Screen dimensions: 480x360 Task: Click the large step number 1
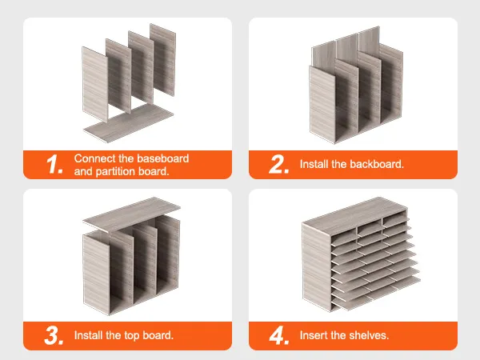pos(54,164)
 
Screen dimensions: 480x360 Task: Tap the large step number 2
pos(279,164)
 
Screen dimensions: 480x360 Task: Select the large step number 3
pos(54,335)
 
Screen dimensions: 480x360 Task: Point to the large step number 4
pos(279,335)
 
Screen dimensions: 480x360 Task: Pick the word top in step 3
pos(132,336)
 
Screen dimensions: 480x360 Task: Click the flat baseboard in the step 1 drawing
pos(128,122)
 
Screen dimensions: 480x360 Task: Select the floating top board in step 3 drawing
pos(131,214)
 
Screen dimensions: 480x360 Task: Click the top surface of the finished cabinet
pos(355,216)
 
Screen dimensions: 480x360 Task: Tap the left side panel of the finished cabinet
pos(317,267)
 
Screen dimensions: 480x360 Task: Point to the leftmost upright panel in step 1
pos(95,84)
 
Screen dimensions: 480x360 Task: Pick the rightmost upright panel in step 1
pos(163,60)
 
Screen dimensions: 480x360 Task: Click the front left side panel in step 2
pos(322,105)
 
